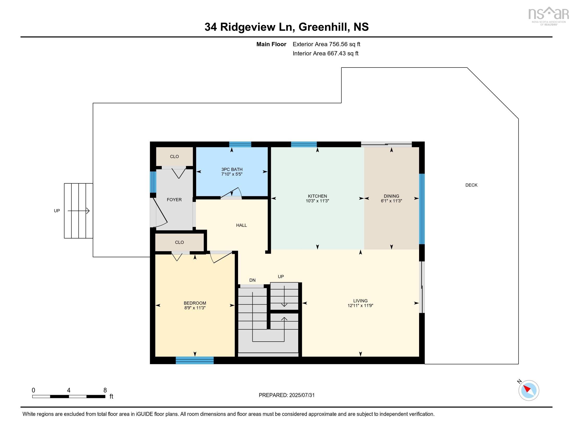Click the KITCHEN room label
[317, 196]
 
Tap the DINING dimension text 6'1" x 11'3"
[391, 201]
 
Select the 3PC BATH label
[232, 169]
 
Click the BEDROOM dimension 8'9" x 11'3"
[195, 308]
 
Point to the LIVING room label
[360, 301]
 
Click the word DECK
[471, 185]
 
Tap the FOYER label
[174, 200]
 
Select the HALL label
[241, 225]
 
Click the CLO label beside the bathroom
[174, 157]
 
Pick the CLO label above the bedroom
[179, 242]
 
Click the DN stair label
[252, 280]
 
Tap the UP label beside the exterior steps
[57, 211]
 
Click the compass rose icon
[528, 390]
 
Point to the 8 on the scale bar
[105, 390]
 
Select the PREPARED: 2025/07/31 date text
[286, 395]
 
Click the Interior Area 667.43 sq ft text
[325, 53]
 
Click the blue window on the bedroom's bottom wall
[195, 360]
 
